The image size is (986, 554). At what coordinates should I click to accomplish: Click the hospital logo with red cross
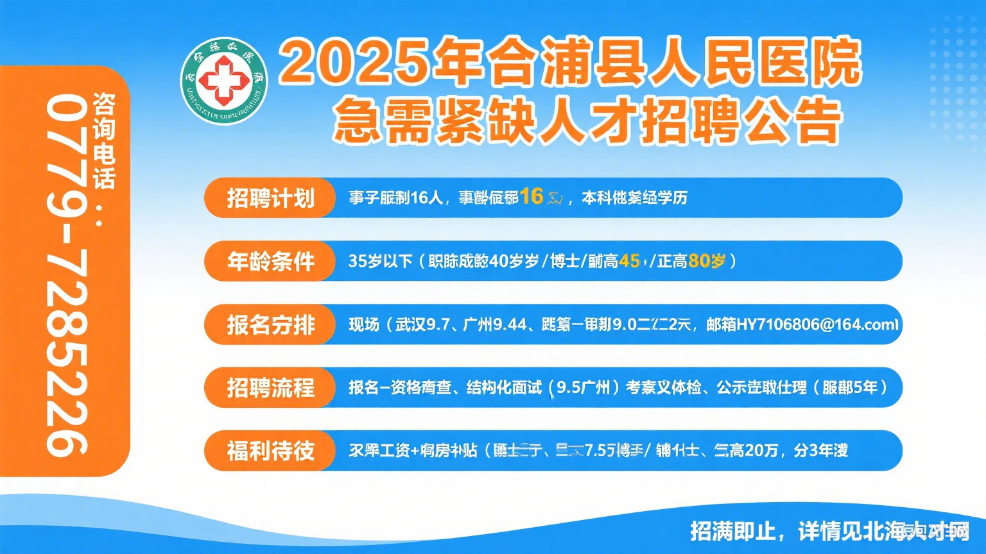[x=223, y=80]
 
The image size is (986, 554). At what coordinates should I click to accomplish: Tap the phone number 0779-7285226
[x=67, y=276]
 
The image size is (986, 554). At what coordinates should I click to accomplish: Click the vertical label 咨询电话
[x=103, y=141]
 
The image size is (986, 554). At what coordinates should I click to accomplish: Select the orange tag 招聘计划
[x=270, y=198]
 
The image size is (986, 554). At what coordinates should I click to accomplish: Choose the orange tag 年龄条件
[x=270, y=261]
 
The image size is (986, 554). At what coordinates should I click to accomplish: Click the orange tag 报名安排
[x=270, y=324]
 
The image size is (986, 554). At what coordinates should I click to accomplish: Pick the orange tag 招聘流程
[x=270, y=387]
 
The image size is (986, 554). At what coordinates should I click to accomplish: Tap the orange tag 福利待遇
[x=270, y=451]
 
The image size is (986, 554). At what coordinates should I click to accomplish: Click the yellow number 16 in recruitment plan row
[x=532, y=196]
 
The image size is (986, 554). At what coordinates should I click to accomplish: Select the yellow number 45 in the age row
[x=629, y=261]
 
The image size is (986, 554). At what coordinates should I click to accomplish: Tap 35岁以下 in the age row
[x=380, y=261]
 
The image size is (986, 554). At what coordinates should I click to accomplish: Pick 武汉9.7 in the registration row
[x=422, y=324]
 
